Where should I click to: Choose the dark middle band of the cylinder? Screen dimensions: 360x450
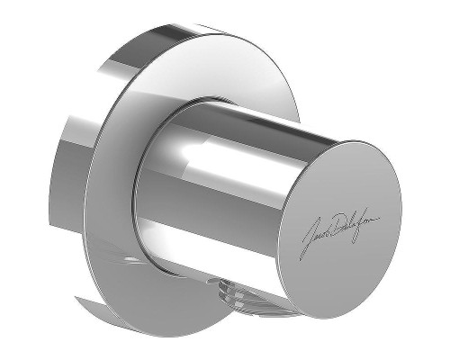[x=216, y=193]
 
